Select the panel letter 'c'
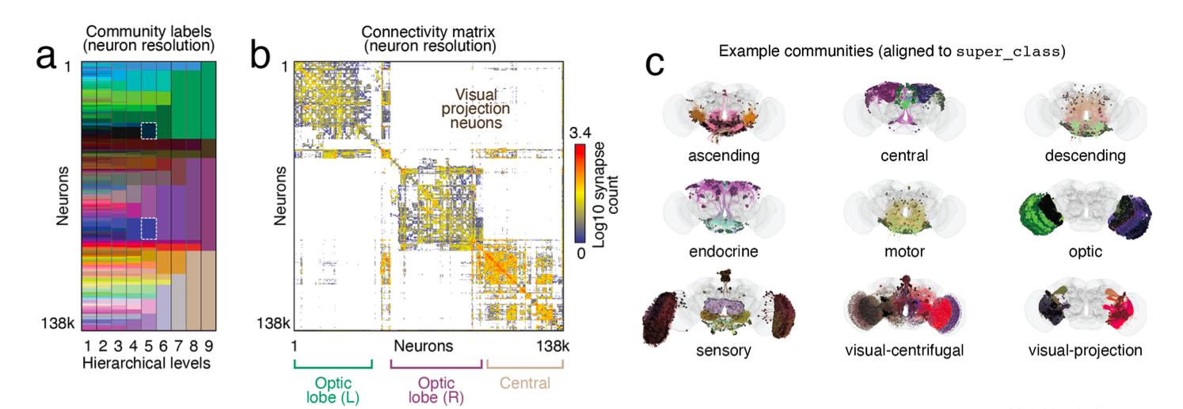(654, 63)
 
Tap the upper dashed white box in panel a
(148, 130)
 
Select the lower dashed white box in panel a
(148, 228)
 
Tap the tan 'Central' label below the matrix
(524, 384)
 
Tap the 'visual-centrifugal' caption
(903, 350)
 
